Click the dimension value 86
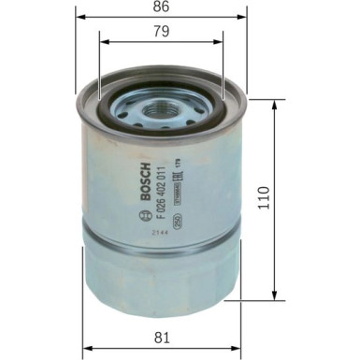pos(160,7)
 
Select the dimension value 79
pos(160,31)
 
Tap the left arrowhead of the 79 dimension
pos(100,41)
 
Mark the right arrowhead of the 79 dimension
pos(222,41)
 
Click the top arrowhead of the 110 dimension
pos(274,104)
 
